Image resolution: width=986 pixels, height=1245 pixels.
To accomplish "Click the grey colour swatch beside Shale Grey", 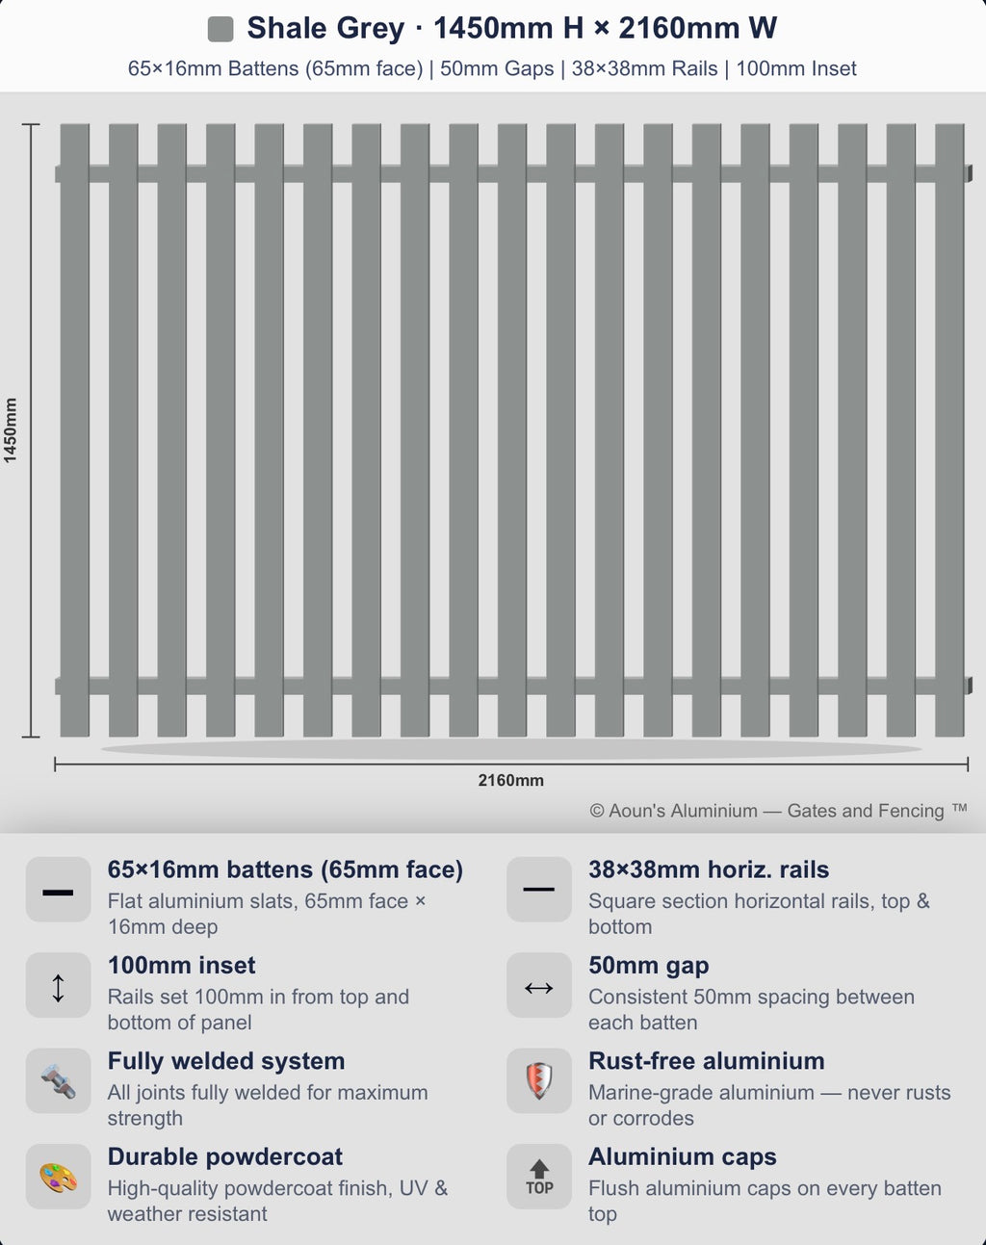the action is [x=221, y=29].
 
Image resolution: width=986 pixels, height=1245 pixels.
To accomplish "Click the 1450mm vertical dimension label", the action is [x=11, y=430].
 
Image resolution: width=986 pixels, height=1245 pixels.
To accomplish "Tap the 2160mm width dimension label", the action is [x=511, y=781].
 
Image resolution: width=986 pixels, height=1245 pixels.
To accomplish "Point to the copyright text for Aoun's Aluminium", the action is [x=778, y=811].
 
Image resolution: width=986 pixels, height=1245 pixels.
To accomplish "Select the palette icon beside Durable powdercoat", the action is [x=58, y=1178].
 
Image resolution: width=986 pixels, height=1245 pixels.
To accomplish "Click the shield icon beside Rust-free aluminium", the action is [x=539, y=1080].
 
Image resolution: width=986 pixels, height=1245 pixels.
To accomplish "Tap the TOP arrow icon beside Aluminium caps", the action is [x=539, y=1177].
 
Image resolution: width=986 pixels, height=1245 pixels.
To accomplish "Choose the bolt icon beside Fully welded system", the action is [x=58, y=1080].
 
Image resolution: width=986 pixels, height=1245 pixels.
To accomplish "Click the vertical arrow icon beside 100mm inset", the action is [x=58, y=988].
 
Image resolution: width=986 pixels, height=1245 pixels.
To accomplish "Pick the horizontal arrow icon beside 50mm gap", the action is [x=538, y=988].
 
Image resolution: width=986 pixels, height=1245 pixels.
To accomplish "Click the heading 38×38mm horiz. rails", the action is [x=709, y=869].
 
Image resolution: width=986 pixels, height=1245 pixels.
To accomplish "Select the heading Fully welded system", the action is [x=226, y=1061].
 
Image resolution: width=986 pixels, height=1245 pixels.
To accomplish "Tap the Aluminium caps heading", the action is [x=683, y=1156].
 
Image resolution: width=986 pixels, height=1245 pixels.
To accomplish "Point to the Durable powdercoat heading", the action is [x=225, y=1156].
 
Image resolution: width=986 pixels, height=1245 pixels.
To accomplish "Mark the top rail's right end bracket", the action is [x=969, y=173].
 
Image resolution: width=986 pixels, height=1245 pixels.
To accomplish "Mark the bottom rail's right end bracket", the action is [x=969, y=686].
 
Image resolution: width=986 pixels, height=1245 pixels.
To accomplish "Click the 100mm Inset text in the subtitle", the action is [x=796, y=68].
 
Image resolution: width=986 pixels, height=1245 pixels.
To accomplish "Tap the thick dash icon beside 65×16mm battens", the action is [x=58, y=893].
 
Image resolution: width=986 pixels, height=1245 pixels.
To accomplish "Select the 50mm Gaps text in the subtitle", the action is [x=497, y=68].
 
